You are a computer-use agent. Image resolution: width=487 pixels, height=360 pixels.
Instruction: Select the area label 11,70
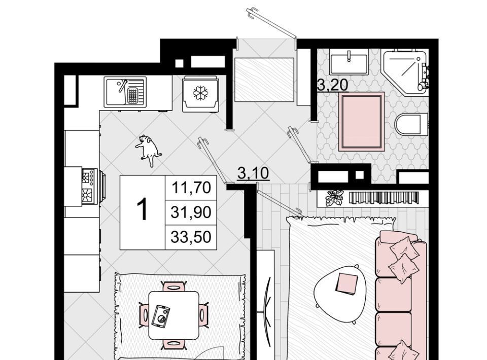pyautogui.click(x=191, y=188)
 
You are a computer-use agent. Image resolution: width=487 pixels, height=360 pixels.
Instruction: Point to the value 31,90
pyautogui.click(x=191, y=212)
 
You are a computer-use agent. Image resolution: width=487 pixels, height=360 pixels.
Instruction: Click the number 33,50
pyautogui.click(x=191, y=237)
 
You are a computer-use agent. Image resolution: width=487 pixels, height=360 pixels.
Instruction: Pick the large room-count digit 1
pyautogui.click(x=143, y=209)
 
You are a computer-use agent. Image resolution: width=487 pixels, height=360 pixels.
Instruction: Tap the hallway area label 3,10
pyautogui.click(x=253, y=173)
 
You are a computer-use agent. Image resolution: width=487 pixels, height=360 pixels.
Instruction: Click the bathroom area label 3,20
pyautogui.click(x=332, y=85)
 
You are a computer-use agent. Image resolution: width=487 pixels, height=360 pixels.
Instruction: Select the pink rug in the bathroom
pyautogui.click(x=362, y=122)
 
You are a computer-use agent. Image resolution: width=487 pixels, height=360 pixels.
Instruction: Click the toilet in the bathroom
pyautogui.click(x=411, y=125)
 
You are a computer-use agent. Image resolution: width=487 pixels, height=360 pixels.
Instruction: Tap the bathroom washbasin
pyautogui.click(x=349, y=62)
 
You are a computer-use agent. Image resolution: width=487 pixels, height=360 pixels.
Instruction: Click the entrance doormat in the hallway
pyautogui.click(x=264, y=80)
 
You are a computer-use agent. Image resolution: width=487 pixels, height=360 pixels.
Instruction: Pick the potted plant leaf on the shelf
pyautogui.click(x=334, y=197)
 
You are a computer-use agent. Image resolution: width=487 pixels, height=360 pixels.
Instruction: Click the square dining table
pyautogui.click(x=174, y=315)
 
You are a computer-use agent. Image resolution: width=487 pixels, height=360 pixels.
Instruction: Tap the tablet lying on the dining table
pyautogui.click(x=161, y=315)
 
